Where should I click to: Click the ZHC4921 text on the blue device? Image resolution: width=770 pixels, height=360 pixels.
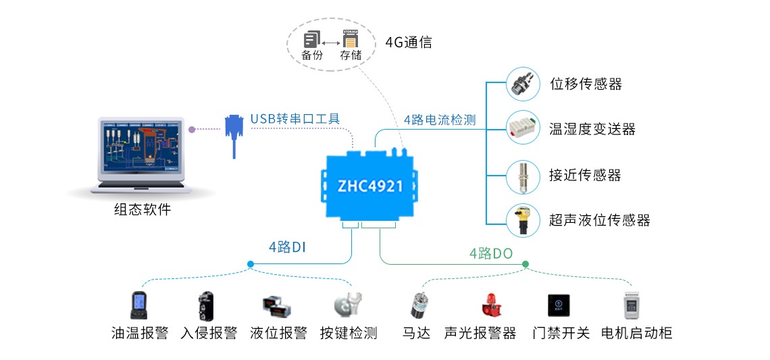coord(370,185)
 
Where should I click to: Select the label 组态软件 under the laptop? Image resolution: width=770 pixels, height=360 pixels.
coord(143,209)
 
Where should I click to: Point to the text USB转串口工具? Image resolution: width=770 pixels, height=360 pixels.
coord(295,119)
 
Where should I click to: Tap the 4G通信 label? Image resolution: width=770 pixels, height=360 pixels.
coord(409,43)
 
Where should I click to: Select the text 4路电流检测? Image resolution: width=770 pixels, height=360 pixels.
coord(440,120)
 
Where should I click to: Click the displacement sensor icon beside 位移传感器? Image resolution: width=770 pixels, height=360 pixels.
coord(523,84)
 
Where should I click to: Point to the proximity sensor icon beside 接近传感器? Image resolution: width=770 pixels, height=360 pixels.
coord(523,174)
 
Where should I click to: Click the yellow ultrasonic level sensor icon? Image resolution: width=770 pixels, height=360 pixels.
coord(523,220)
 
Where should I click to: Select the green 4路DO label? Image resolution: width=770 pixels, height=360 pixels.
coord(491,253)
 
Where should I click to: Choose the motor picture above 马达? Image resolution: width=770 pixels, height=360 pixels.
coord(417,305)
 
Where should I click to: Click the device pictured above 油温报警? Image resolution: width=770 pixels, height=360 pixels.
coord(139,305)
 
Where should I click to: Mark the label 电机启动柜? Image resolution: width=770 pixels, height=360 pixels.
coord(636,333)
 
